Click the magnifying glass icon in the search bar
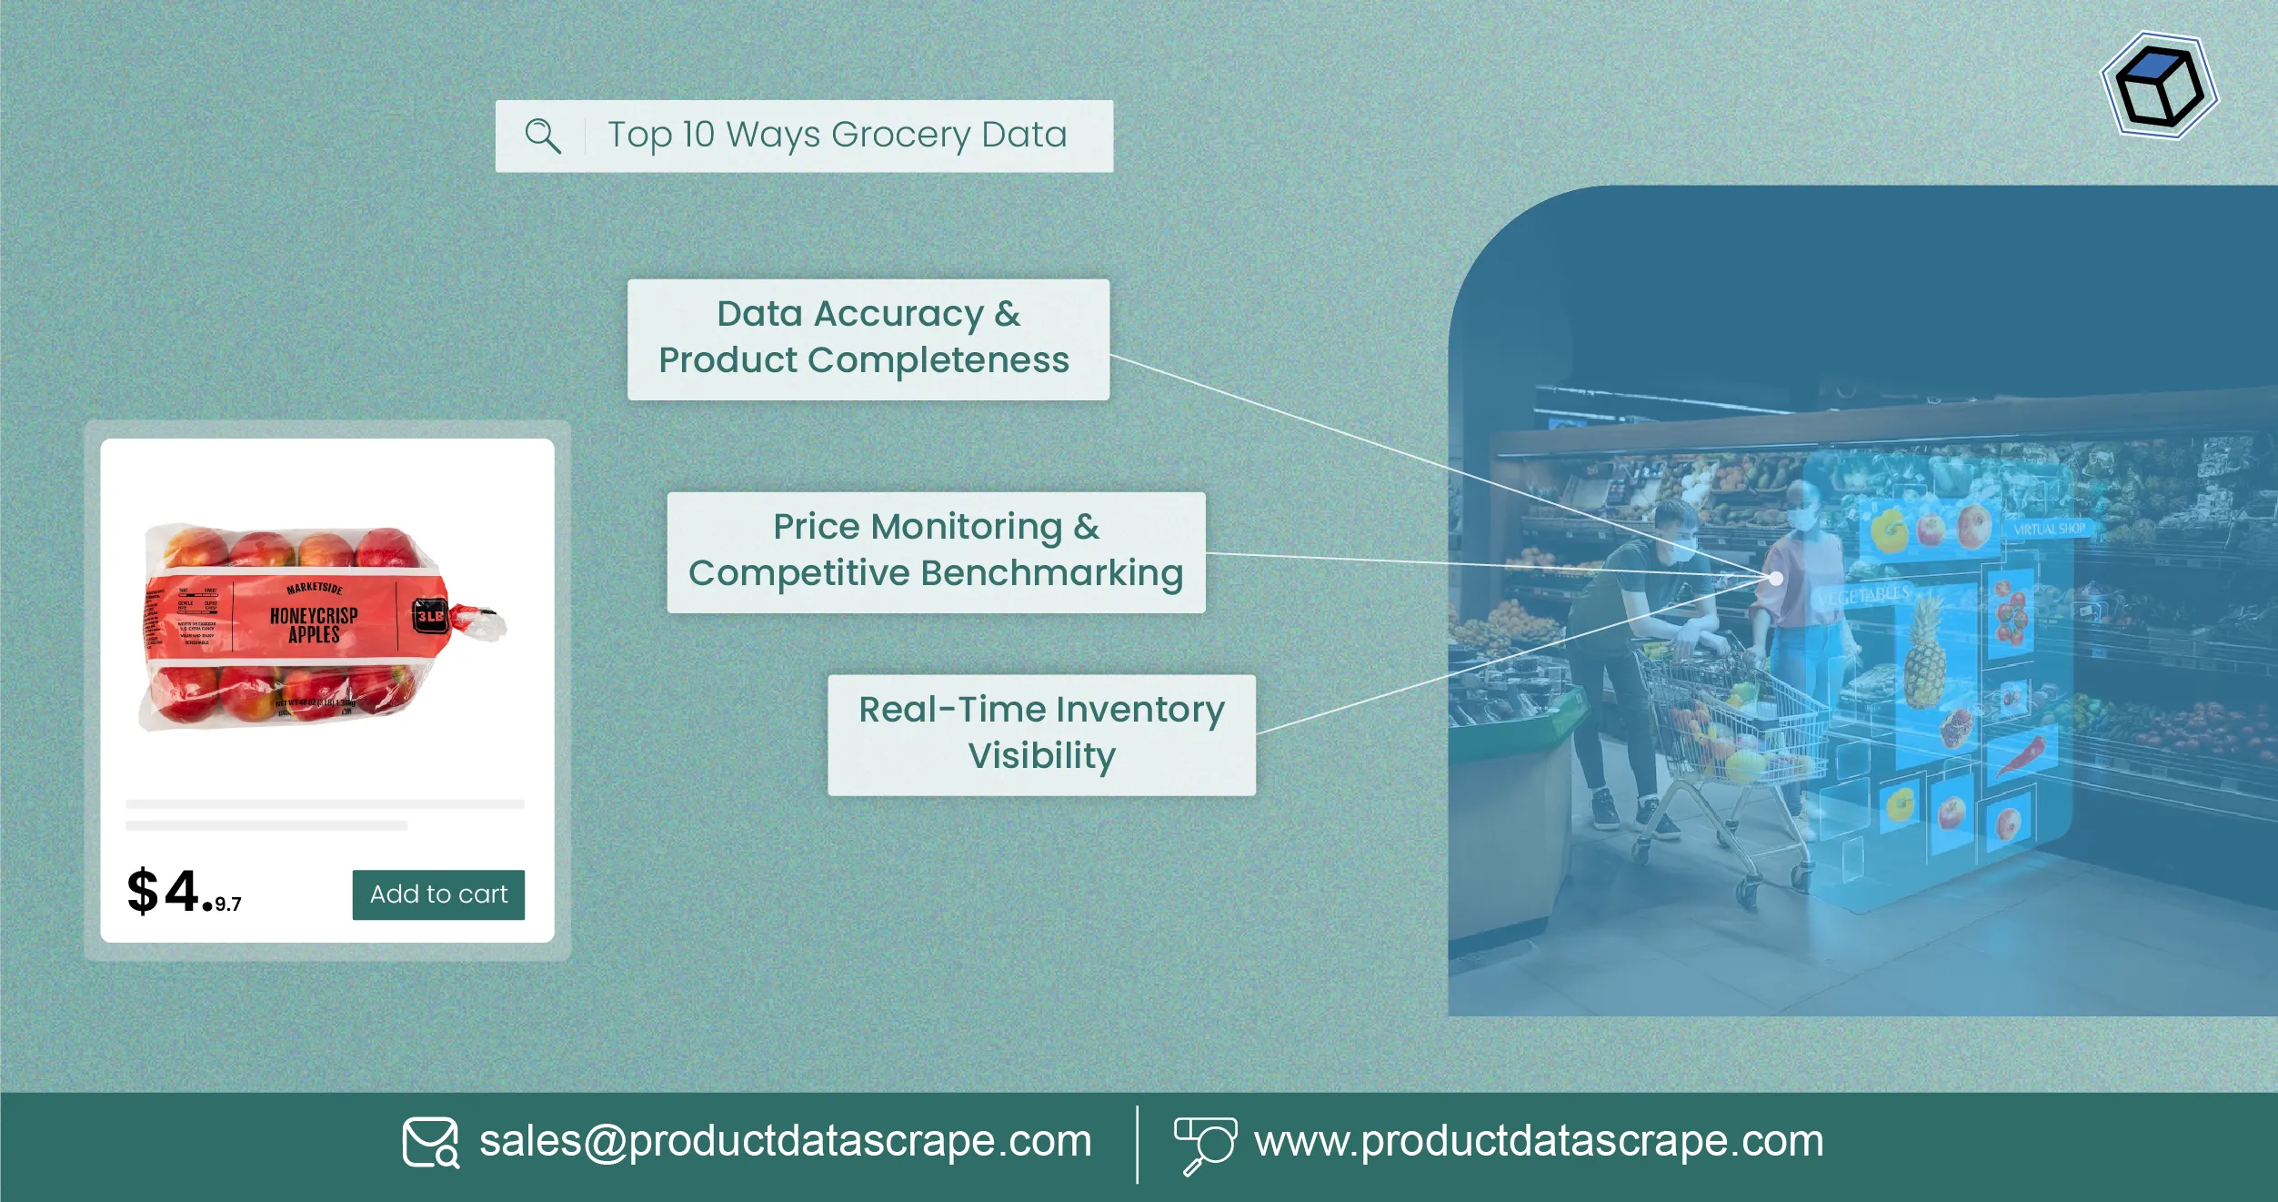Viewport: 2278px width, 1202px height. click(543, 136)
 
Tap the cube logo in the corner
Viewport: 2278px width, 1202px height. click(2160, 86)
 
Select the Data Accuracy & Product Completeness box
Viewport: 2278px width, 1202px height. click(868, 338)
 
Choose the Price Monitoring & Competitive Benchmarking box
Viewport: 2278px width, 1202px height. click(936, 551)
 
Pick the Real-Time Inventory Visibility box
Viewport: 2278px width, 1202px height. click(1041, 733)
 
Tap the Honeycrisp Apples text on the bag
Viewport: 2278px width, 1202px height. click(314, 624)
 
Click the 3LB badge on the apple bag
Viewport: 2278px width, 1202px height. click(430, 616)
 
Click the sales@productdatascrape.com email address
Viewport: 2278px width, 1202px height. click(785, 1141)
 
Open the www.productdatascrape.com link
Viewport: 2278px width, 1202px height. click(1539, 1141)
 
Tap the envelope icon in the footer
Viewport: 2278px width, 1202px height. click(430, 1142)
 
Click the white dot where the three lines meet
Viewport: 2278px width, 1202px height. click(1775, 579)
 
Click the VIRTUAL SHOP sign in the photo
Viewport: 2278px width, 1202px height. click(2048, 529)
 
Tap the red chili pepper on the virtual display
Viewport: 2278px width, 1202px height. click(2023, 755)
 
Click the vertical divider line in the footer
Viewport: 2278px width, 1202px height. click(1137, 1144)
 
